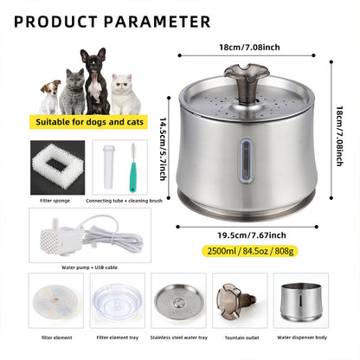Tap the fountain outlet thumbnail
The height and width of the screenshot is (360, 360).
[241, 299]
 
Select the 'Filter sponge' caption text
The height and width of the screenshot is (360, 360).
[55, 199]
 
